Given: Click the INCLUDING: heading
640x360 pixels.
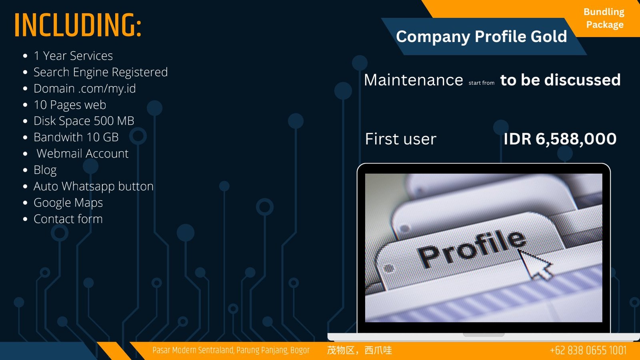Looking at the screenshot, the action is (x=78, y=25).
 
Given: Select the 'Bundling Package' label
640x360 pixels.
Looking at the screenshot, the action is (x=604, y=18).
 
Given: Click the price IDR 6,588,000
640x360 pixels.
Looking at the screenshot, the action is (x=560, y=139).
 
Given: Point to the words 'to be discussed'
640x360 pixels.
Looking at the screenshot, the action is (x=560, y=80).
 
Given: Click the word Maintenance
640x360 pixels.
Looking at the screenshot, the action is (x=414, y=80).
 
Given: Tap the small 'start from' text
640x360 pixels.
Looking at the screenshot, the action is (x=482, y=83).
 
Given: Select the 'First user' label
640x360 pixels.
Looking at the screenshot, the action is (x=400, y=139).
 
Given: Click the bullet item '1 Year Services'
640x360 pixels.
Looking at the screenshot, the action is (x=73, y=56).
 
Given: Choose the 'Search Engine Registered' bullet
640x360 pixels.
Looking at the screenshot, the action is (x=100, y=72).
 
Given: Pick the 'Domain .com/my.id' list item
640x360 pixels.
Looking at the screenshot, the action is (x=84, y=88).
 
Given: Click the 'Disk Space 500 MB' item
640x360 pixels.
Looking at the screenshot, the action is (x=84, y=121).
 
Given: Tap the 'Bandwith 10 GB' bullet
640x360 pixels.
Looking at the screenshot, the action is (x=76, y=137).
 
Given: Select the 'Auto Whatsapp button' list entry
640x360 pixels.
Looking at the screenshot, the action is (x=94, y=186).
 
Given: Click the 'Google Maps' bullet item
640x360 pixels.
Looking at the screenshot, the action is (x=68, y=203).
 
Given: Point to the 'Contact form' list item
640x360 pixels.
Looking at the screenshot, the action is (x=68, y=219).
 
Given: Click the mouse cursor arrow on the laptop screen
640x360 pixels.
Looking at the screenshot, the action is (x=534, y=264).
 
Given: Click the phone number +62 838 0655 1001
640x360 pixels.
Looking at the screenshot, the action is (x=588, y=350).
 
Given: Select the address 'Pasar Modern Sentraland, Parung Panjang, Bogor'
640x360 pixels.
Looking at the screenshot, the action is (x=231, y=350).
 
